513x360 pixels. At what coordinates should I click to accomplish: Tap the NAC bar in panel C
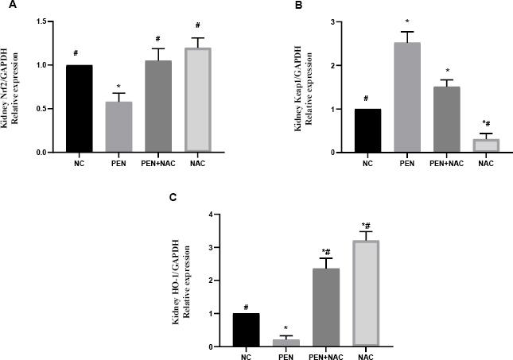click(x=369, y=293)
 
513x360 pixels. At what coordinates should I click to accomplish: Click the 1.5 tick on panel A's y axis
click(x=41, y=21)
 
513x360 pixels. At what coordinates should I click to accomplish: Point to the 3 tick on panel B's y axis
click(x=333, y=21)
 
